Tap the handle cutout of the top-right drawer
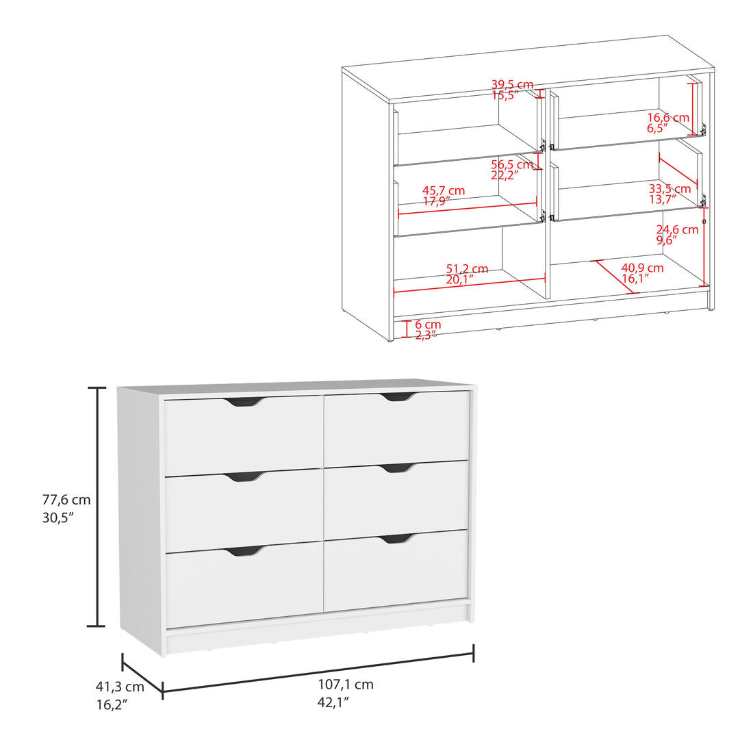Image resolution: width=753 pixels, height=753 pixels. coord(398,397)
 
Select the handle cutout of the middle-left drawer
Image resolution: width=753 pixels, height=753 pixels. coord(244,477)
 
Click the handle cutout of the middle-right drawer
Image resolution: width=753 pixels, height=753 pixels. coord(398,468)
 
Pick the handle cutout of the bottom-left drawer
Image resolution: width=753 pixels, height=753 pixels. coord(244,550)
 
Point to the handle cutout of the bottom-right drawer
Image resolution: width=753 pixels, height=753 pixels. coord(398,539)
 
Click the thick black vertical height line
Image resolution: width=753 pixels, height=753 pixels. coord(99,507)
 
